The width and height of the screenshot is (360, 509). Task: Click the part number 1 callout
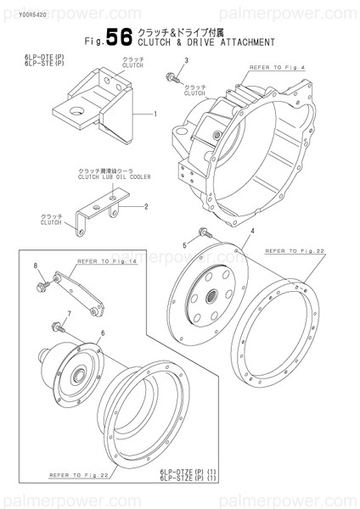click(x=155, y=113)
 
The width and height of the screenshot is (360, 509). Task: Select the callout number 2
click(x=146, y=206)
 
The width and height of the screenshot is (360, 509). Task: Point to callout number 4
click(x=252, y=231)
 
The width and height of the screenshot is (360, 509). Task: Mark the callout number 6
click(x=104, y=333)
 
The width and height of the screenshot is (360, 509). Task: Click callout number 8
click(x=36, y=267)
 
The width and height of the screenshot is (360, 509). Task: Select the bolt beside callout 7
click(x=59, y=324)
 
